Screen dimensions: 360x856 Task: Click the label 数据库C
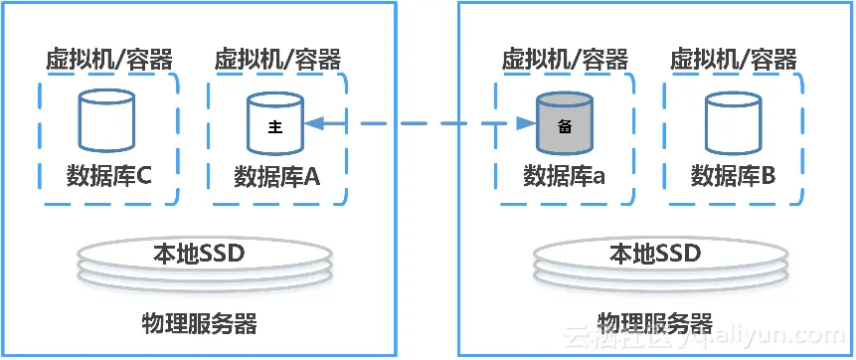[109, 177]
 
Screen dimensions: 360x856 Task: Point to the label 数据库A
[276, 177]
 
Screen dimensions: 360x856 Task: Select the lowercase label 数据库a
[564, 177]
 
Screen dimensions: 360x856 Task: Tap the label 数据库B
[733, 177]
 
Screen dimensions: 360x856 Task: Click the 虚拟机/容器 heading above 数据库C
[109, 59]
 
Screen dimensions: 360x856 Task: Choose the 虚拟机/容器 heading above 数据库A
[277, 59]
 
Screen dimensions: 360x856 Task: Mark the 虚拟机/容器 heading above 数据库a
[564, 59]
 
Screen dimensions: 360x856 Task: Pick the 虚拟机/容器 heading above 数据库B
[733, 59]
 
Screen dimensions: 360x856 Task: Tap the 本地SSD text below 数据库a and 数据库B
[655, 253]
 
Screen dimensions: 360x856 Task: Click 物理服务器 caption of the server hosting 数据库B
[655, 323]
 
